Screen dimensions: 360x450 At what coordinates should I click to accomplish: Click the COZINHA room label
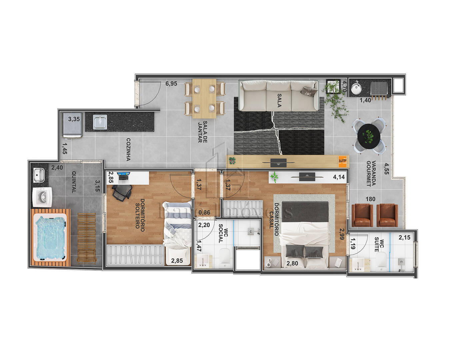coord(128,150)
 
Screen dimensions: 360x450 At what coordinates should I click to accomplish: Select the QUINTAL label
coord(74,182)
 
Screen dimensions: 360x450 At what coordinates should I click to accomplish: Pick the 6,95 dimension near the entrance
coord(171,84)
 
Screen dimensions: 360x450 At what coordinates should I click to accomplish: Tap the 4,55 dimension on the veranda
coord(386,169)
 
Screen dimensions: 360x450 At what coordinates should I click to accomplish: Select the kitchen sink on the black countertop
coord(100,122)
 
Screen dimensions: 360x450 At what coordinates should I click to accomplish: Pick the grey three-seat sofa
coord(279,96)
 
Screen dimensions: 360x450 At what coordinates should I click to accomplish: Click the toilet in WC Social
coord(225,257)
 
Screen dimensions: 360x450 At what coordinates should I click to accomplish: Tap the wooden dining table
coord(204,98)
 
